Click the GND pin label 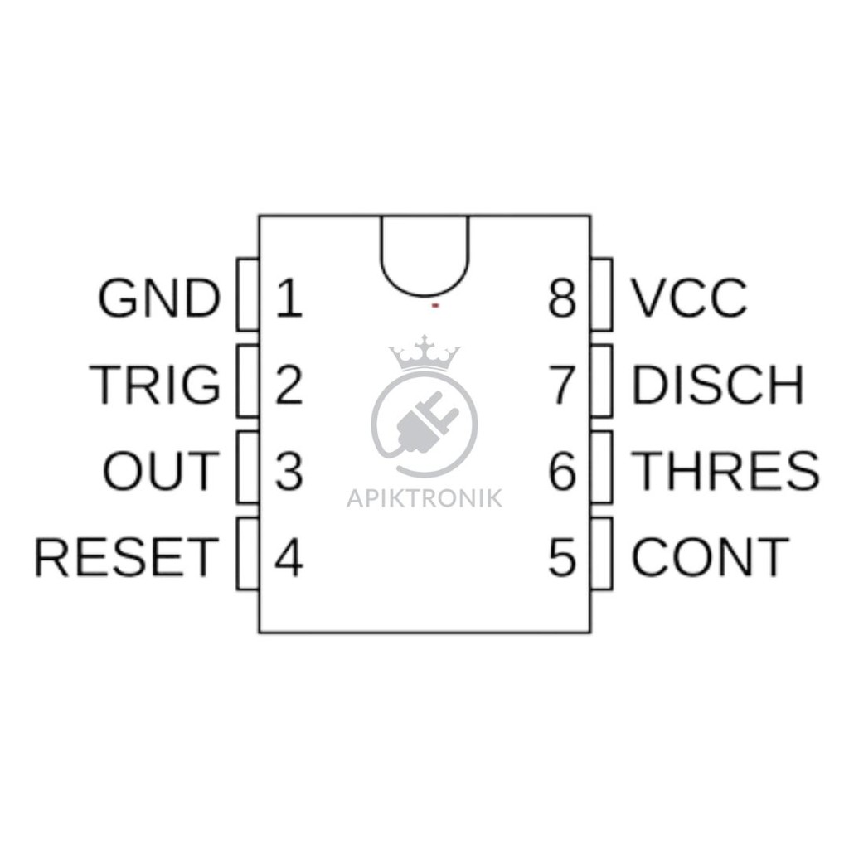click(159, 298)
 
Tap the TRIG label click(155, 385)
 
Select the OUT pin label click(161, 471)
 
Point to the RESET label click(127, 557)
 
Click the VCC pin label click(689, 298)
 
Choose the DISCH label click(717, 385)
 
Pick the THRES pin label click(725, 471)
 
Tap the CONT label click(710, 557)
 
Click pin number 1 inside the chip click(289, 298)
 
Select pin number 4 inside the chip click(289, 557)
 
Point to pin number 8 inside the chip click(561, 298)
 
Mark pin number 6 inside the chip click(561, 471)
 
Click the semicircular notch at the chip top click(424, 296)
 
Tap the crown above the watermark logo click(424, 353)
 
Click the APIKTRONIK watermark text click(424, 498)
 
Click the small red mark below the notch click(434, 306)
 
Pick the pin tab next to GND click(248, 294)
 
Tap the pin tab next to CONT click(602, 554)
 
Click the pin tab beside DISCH click(602, 381)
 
